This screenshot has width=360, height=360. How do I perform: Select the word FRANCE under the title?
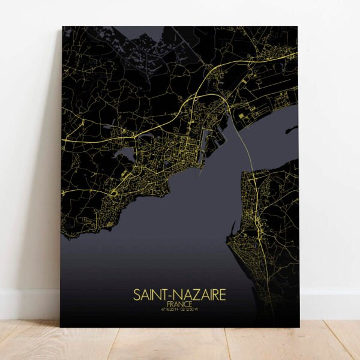[x=180, y=305]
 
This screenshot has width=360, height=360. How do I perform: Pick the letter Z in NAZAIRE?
[x=191, y=295]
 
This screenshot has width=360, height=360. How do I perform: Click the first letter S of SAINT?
[x=136, y=295]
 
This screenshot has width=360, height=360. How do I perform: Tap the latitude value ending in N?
[x=170, y=310]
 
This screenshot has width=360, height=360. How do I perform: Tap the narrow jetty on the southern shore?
[x=232, y=227]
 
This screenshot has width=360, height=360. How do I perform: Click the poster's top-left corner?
[x=62, y=27]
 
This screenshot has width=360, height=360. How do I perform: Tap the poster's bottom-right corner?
[x=298, y=327]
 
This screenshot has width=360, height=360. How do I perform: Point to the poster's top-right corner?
[x=298, y=27]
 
